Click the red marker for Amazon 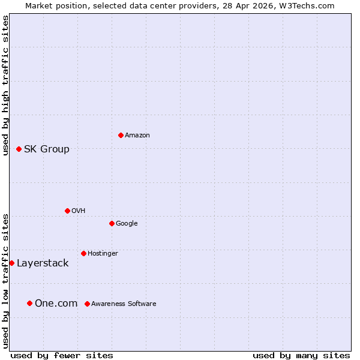[121, 135]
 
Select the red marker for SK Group [19, 149]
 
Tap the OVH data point [67, 211]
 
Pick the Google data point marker [112, 223]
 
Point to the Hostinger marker [83, 253]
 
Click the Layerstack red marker [11, 263]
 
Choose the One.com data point [29, 303]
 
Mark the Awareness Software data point [87, 304]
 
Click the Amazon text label [137, 135]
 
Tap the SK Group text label [46, 149]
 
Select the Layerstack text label [43, 263]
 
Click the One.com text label [56, 303]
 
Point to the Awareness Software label [124, 304]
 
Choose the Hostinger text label [103, 253]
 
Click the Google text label [127, 223]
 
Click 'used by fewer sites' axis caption [62, 355]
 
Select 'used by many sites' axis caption [301, 355]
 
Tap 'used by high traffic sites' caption [5, 85]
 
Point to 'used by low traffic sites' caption [5, 280]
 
